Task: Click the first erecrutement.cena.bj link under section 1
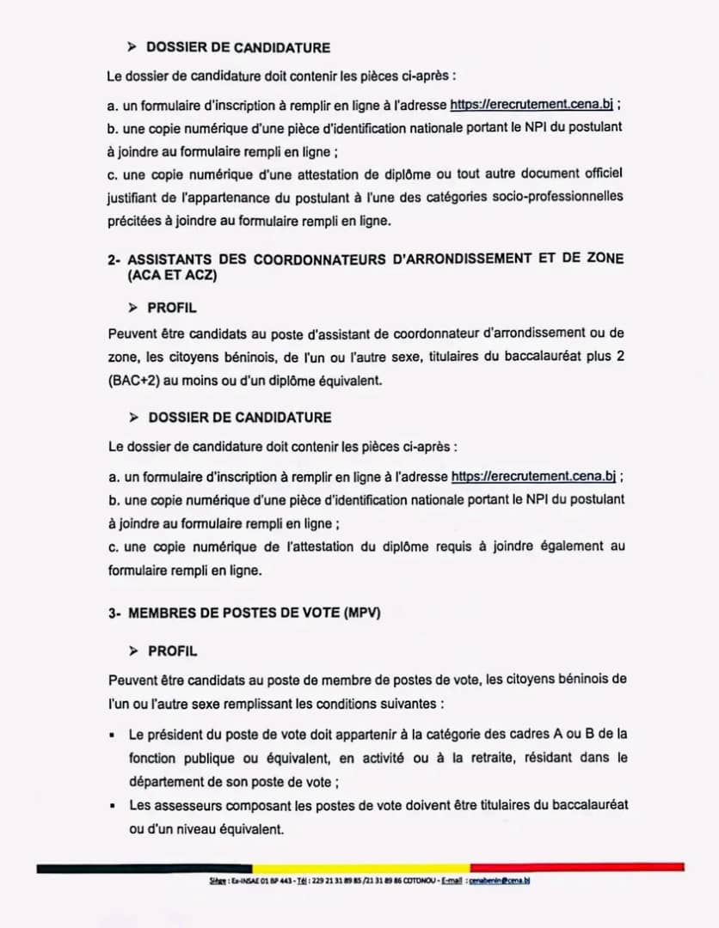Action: point(532,105)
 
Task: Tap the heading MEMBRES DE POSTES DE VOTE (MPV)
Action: point(254,613)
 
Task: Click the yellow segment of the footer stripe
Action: point(360,868)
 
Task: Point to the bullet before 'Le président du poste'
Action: point(113,736)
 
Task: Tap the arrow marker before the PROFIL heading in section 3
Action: point(133,651)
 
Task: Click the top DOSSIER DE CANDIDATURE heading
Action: point(238,48)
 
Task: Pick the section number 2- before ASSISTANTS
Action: point(114,259)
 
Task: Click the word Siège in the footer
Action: point(217,881)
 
